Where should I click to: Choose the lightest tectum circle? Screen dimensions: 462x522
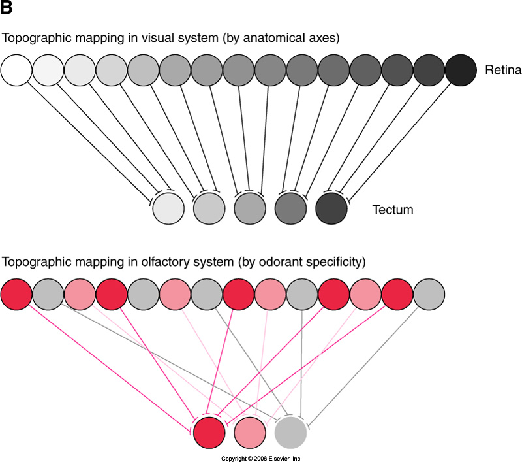click(169, 208)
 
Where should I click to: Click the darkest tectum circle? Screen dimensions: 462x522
click(331, 208)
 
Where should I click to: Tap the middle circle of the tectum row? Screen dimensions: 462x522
click(250, 208)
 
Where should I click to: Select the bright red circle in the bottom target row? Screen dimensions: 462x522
click(209, 432)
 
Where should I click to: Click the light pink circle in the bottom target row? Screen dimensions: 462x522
click(250, 432)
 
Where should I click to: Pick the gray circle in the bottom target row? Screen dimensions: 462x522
click(290, 432)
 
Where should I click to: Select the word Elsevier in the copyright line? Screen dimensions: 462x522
click(280, 459)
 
